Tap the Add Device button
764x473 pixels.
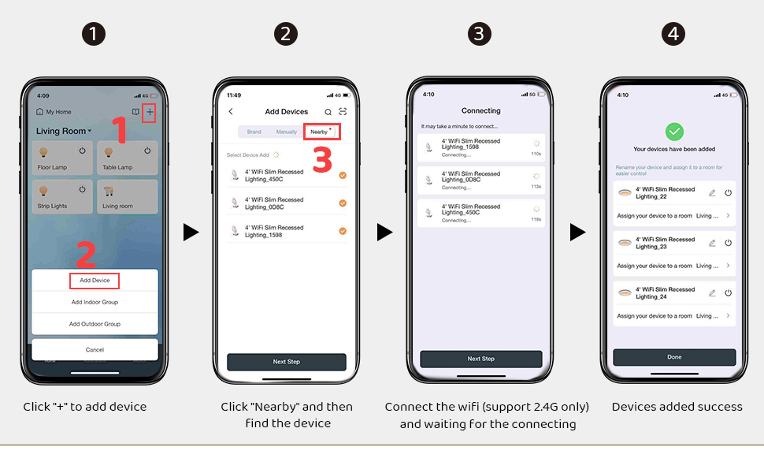[95, 281]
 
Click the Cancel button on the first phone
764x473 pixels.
[95, 349]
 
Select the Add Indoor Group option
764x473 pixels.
[95, 302]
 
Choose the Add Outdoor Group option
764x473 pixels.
[95, 324]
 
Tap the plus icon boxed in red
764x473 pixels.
[150, 113]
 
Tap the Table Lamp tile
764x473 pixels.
[127, 158]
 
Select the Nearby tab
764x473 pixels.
[321, 132]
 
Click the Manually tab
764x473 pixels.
[287, 132]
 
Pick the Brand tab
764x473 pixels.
[254, 132]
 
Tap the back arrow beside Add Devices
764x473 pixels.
[231, 112]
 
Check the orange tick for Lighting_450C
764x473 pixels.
[343, 175]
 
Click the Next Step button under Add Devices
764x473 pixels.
[287, 362]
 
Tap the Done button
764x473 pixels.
[674, 357]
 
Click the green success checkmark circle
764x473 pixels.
[674, 132]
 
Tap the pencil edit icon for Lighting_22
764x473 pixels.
[712, 193]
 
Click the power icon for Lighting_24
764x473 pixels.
[728, 293]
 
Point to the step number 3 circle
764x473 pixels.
[480, 34]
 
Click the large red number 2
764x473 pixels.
[86, 255]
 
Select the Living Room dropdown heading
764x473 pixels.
[64, 131]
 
